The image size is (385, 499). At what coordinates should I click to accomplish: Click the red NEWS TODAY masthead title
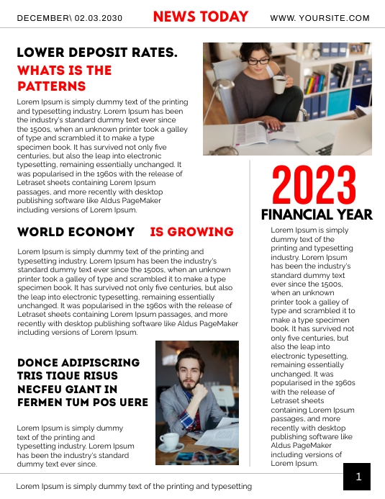pos(201,17)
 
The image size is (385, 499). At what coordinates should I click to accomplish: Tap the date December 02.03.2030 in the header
pos(69,18)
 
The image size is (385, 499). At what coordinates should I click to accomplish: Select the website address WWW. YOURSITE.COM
pos(320,18)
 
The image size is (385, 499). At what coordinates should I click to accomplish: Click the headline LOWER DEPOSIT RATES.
pos(97,53)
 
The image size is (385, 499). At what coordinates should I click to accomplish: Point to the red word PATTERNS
pos(52,86)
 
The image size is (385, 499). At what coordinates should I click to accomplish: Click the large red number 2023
pos(314,186)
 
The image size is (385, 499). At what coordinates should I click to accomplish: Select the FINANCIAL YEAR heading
pos(317,215)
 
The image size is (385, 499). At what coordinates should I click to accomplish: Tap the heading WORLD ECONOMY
pos(76,232)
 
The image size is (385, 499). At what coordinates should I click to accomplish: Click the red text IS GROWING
pos(191,232)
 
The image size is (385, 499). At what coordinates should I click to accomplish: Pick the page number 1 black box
pos(357,477)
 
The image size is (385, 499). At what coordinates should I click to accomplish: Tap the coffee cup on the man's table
pos(170,440)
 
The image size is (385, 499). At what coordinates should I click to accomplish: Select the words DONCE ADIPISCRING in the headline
pos(78,363)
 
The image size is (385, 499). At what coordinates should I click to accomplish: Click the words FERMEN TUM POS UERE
pos(83,402)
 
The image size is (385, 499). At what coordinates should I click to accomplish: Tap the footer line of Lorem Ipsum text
pos(134,486)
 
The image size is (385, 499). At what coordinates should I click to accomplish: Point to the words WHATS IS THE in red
pos(64,71)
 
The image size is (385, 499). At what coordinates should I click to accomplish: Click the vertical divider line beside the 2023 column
pos(250,317)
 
